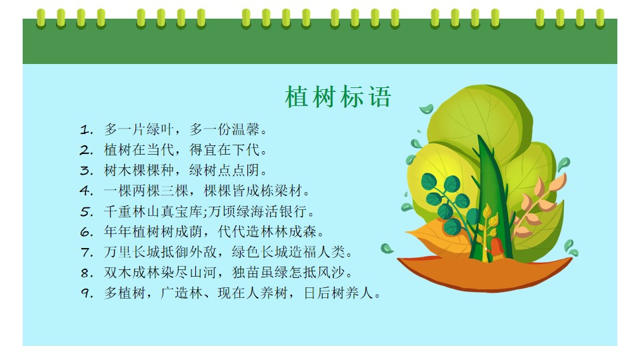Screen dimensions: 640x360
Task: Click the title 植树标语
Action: point(338,97)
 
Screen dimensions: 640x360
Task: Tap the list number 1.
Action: point(86,130)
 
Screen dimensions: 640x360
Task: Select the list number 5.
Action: point(87,212)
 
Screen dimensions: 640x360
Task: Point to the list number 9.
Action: point(87,293)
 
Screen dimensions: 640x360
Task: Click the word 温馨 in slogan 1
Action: point(246,130)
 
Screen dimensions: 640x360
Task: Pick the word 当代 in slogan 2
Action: point(161,150)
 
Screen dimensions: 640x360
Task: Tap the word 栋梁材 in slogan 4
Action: point(281,191)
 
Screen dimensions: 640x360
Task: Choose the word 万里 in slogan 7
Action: point(118,252)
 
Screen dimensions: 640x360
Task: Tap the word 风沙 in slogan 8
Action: point(331,272)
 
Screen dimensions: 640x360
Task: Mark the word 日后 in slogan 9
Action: point(317,293)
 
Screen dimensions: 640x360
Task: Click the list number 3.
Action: point(87,171)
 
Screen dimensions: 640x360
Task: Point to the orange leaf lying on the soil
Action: point(436,236)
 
